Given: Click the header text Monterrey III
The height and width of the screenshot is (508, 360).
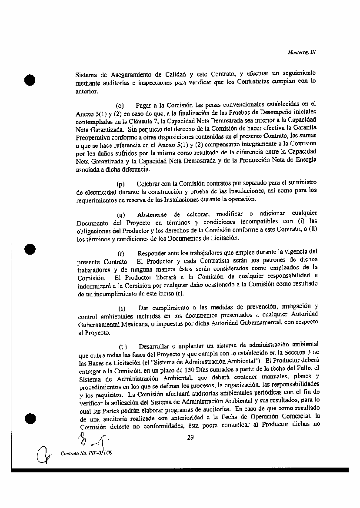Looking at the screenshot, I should click(302, 52).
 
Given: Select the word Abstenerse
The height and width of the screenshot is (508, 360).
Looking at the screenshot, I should click(152, 214).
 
